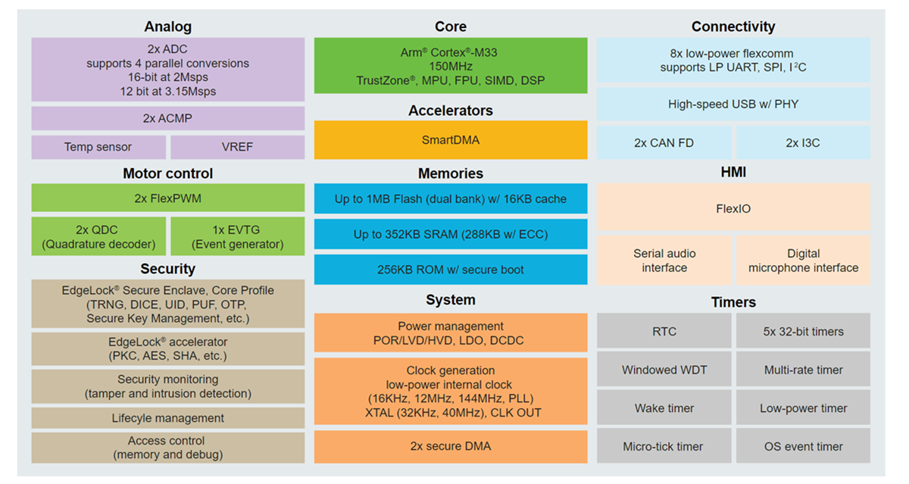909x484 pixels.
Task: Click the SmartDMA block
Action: (450, 140)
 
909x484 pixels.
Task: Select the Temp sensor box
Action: (98, 147)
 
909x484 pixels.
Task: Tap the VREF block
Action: (237, 147)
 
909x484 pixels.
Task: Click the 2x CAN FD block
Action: (664, 142)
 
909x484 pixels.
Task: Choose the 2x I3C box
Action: (803, 142)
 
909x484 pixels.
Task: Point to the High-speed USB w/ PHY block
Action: (733, 105)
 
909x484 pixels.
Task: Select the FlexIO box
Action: (733, 208)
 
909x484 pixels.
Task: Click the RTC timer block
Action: (664, 331)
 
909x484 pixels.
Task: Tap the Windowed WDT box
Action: (664, 370)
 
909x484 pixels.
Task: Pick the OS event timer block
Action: (803, 446)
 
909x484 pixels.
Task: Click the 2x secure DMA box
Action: (450, 446)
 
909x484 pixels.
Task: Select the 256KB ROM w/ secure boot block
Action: (450, 270)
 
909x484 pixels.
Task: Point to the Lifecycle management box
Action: (167, 418)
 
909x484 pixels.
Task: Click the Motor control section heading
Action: (167, 173)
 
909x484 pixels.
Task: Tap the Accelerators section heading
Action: (450, 111)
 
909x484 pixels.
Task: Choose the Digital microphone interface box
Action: (803, 261)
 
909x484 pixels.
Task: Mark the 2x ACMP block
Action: (167, 119)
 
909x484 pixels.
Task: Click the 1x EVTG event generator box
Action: (237, 236)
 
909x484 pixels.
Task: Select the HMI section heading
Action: (733, 173)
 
